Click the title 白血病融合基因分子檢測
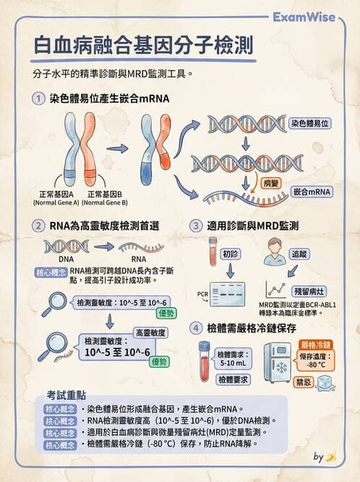(x=144, y=47)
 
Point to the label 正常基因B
(x=108, y=194)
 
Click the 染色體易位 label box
(x=310, y=124)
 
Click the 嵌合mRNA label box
(x=312, y=192)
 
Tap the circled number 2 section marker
(x=38, y=226)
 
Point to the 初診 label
(x=230, y=254)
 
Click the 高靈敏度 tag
(x=150, y=332)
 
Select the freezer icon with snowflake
(x=277, y=363)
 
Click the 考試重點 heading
(x=67, y=396)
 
